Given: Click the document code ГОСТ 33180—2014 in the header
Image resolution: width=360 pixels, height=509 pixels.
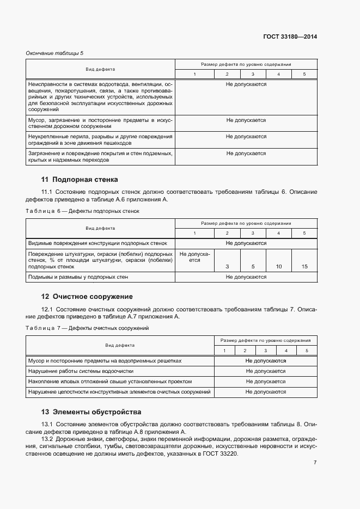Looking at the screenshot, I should point(289,37).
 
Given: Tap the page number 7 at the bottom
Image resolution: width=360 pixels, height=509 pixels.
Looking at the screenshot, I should point(315,463).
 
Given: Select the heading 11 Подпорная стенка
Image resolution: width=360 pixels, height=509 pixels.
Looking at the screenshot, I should point(80,180).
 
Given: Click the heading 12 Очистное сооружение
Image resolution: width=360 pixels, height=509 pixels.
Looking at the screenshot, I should point(87,297).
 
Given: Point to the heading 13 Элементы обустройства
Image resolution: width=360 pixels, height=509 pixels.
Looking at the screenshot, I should point(91,412).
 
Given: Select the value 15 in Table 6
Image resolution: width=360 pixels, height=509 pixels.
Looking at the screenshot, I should point(304,267).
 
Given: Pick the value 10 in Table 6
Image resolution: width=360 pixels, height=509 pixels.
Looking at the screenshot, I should point(279,267).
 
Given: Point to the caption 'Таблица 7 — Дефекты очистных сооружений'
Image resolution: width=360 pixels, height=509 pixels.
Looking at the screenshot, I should point(88,328).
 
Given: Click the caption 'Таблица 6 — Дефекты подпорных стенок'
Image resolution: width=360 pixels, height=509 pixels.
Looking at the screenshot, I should point(82,211).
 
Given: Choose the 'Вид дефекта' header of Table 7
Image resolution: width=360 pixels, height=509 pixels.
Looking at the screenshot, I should point(120,345).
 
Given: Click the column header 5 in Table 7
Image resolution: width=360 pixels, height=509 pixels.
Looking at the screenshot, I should point(307,351).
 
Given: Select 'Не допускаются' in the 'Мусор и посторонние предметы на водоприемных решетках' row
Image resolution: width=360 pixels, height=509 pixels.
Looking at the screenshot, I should point(266,361).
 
